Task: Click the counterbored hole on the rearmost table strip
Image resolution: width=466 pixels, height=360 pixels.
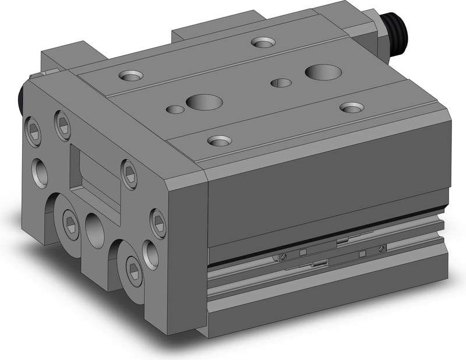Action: click(x=263, y=42)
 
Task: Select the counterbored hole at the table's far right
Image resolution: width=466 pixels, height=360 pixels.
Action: click(x=351, y=108)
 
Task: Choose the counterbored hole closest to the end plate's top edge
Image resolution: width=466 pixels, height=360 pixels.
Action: click(x=129, y=75)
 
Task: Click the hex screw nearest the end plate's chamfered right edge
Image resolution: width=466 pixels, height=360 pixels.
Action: click(x=157, y=221)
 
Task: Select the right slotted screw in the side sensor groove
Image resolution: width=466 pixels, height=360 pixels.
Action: click(x=381, y=249)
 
